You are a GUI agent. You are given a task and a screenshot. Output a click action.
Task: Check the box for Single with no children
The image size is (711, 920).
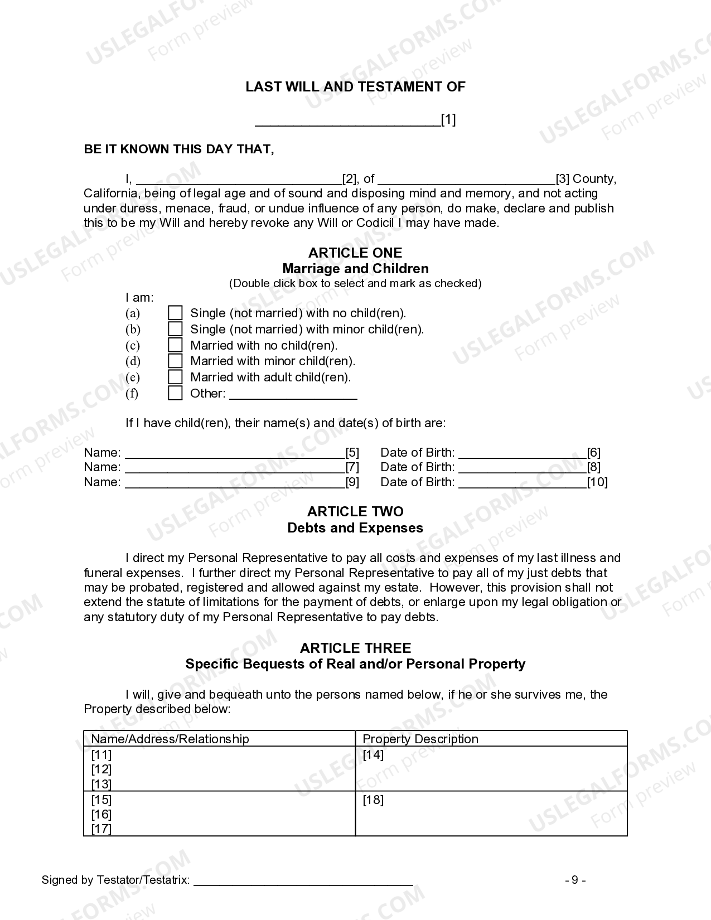pyautogui.click(x=175, y=313)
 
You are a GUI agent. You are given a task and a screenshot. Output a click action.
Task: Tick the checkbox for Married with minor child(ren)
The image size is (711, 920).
pyautogui.click(x=175, y=361)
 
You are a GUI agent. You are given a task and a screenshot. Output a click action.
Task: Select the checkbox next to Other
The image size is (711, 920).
pyautogui.click(x=175, y=393)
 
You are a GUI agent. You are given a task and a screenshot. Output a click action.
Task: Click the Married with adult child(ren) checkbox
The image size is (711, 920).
pyautogui.click(x=175, y=377)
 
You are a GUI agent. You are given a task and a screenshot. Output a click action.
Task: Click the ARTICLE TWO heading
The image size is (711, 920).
pyautogui.click(x=355, y=512)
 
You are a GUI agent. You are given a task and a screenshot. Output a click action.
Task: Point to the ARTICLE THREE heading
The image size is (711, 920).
pyautogui.click(x=355, y=648)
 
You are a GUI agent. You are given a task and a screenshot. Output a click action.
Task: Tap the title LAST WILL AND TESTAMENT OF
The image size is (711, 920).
pyautogui.click(x=355, y=87)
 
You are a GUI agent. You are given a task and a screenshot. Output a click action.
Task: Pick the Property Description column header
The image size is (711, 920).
pyautogui.click(x=420, y=739)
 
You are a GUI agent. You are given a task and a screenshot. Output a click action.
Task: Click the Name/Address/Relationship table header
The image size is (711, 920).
pyautogui.click(x=170, y=739)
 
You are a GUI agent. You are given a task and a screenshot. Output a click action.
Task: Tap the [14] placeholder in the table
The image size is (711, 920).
pyautogui.click(x=373, y=755)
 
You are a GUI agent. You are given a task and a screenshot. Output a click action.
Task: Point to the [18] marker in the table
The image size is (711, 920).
pyautogui.click(x=373, y=800)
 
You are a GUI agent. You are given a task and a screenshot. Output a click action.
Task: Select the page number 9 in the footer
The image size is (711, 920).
pyautogui.click(x=575, y=880)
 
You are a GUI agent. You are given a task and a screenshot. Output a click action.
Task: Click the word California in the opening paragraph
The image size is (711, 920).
pyautogui.click(x=110, y=193)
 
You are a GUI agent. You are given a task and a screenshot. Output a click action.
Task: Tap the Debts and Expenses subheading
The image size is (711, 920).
pyautogui.click(x=355, y=528)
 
